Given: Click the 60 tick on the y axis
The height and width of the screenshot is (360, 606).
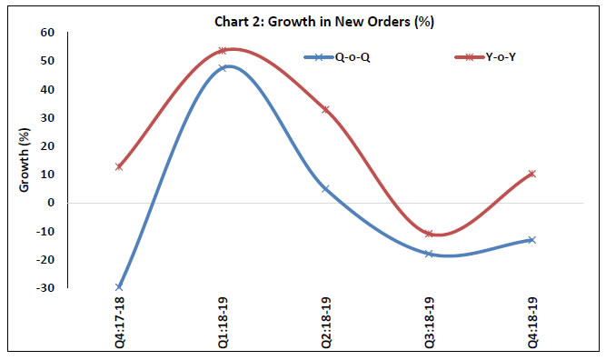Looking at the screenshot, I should point(48,33).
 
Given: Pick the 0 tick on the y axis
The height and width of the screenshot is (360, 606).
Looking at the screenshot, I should point(52,203).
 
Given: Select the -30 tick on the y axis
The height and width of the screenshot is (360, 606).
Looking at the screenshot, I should point(46,288).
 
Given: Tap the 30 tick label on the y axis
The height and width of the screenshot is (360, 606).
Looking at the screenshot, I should point(48,118).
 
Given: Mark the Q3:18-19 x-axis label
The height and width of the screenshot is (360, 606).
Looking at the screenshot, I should point(429,322).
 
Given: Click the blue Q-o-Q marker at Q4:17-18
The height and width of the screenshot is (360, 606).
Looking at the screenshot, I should point(119,286).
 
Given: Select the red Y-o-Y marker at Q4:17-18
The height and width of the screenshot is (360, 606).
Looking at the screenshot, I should point(119,166).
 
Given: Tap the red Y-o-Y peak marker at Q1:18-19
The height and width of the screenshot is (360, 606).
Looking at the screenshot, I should point(223,51).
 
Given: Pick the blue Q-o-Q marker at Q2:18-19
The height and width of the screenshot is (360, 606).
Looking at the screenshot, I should point(325,189).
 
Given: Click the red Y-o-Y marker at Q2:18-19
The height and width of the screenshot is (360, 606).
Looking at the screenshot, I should point(325,110).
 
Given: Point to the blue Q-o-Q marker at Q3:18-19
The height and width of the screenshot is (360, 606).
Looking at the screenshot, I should point(429,254).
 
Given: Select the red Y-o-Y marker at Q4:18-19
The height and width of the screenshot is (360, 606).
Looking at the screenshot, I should point(532,174).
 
